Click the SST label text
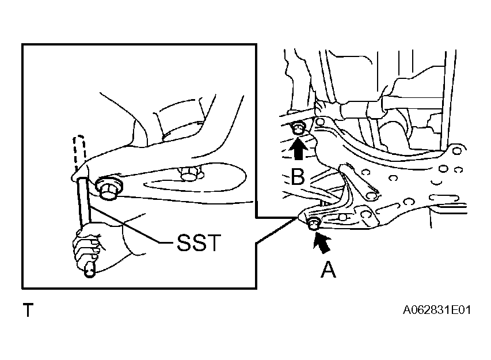(199, 242)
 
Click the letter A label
(328, 270)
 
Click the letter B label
(298, 176)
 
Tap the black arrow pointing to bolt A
(322, 242)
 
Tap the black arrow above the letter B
(298, 149)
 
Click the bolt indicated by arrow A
(313, 223)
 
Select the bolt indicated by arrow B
(298, 128)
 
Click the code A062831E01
(436, 310)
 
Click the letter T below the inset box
(28, 310)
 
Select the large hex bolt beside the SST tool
(109, 187)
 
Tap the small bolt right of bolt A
(343, 217)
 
